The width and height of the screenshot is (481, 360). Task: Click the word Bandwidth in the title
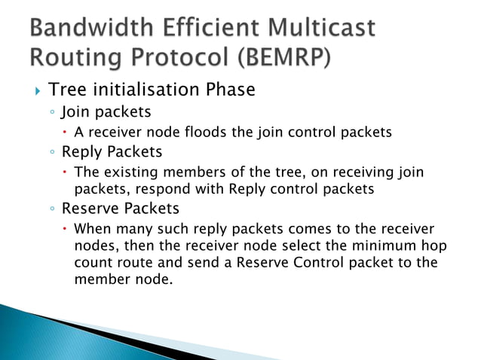click(87, 29)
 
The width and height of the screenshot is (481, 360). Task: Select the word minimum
click(360, 246)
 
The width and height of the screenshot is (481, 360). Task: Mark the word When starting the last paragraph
click(92, 227)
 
